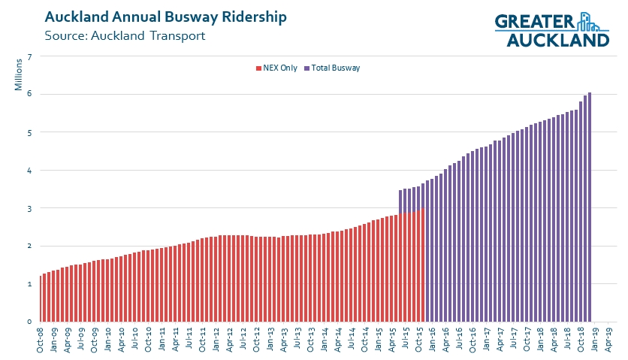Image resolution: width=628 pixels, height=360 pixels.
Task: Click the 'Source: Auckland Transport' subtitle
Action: click(125, 35)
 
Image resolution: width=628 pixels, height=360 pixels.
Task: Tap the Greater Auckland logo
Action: click(551, 29)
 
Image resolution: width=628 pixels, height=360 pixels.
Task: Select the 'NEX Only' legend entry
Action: click(276, 68)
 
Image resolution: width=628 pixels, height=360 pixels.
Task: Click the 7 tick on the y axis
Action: click(29, 56)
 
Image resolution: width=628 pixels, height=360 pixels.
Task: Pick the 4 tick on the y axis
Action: click(29, 171)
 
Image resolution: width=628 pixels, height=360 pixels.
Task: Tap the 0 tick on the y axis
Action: click(29, 322)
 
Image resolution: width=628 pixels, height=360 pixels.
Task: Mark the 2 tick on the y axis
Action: click(29, 246)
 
